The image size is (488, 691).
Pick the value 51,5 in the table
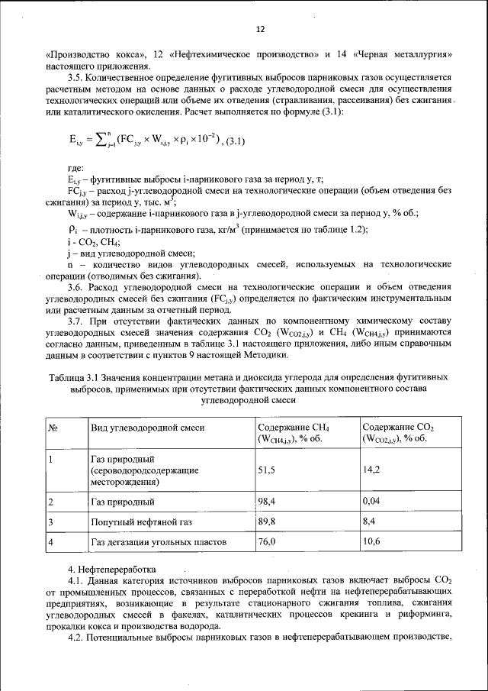point(266,470)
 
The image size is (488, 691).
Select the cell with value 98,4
point(266,502)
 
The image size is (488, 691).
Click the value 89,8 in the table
point(266,522)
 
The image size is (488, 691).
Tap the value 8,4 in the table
point(370,522)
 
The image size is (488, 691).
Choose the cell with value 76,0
point(266,542)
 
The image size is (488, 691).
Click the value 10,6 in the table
point(372,542)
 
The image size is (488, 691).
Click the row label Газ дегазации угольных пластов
point(159,542)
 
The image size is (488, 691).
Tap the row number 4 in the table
point(50,542)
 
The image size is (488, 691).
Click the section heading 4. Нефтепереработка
point(111,570)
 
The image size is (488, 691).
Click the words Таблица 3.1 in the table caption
point(75,378)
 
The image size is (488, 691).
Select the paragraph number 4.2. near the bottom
point(76,638)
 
